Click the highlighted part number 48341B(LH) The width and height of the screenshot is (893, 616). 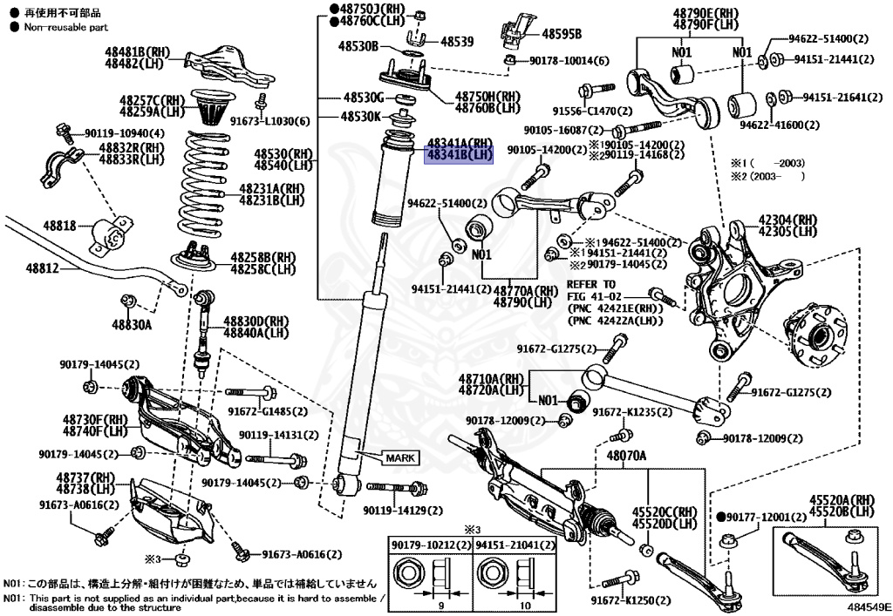(x=459, y=155)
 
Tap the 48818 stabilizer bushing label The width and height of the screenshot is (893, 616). (x=60, y=226)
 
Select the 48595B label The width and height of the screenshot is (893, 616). (x=562, y=34)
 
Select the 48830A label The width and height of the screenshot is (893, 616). (x=132, y=325)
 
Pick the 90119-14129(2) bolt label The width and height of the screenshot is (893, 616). (x=403, y=511)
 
